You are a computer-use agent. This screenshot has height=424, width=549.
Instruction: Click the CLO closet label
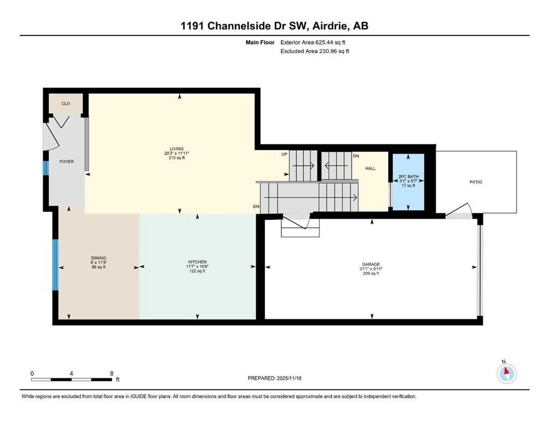(x=66, y=103)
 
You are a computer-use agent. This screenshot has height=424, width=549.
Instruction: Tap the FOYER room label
(x=67, y=162)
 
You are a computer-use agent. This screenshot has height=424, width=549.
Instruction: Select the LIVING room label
(x=176, y=149)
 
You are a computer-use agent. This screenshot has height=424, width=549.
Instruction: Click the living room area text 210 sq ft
(x=176, y=158)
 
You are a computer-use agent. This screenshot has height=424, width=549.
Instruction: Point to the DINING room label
(x=98, y=258)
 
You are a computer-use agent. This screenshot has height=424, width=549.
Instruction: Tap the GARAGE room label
(x=371, y=264)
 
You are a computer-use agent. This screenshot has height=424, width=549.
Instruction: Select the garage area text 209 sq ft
(x=371, y=273)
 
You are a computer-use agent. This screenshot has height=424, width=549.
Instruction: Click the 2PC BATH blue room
(x=408, y=182)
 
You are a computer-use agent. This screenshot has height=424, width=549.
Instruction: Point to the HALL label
(x=370, y=168)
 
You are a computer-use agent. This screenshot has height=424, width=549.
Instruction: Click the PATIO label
(x=476, y=182)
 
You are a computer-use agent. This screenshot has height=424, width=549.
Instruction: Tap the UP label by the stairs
(x=284, y=154)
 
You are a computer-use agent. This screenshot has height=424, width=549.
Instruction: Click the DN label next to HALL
(x=357, y=156)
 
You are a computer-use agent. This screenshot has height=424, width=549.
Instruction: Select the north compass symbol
(x=506, y=373)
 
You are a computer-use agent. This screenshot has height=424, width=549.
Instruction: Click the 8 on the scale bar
(x=112, y=373)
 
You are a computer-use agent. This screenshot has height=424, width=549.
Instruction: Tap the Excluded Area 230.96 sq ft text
(x=315, y=51)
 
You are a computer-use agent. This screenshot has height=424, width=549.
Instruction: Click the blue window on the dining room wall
(x=55, y=264)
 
